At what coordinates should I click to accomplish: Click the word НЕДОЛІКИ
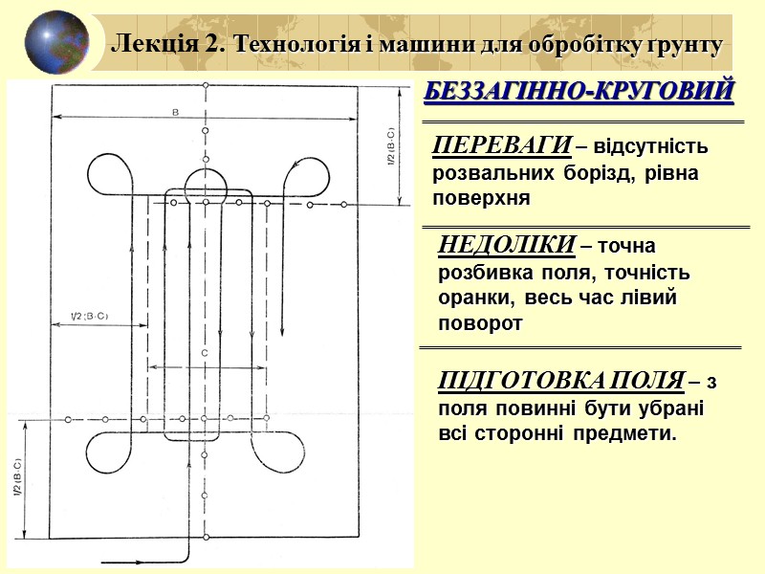point(507,246)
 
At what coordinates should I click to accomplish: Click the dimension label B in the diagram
point(175,112)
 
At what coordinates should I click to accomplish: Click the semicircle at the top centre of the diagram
point(206,181)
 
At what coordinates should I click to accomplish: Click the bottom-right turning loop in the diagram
point(287,450)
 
